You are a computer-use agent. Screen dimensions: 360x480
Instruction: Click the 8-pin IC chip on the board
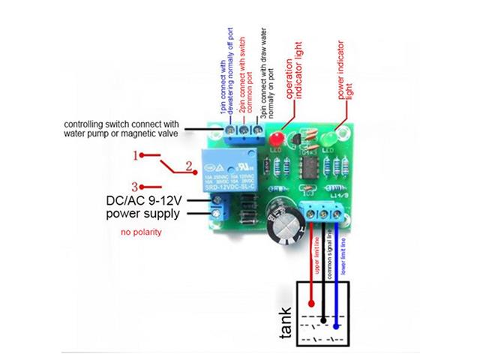[308, 163]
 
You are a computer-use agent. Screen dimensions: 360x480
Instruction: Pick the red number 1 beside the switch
[136, 156]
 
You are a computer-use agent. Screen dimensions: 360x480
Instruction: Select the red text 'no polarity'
[141, 233]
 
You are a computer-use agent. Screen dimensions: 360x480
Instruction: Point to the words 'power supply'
[142, 214]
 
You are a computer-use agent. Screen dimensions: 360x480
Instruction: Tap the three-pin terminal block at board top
[242, 133]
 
